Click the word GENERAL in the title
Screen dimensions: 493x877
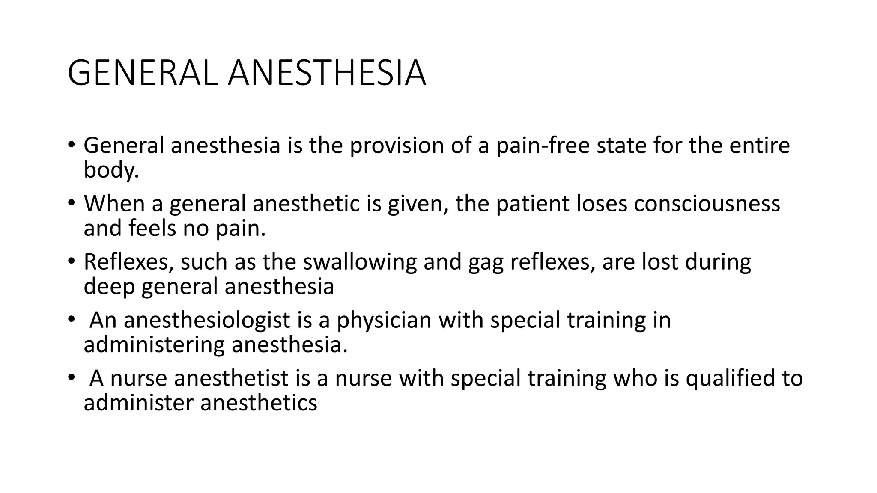(x=144, y=74)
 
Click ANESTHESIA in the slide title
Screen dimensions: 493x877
(x=327, y=74)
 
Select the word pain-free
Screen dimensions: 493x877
(x=543, y=146)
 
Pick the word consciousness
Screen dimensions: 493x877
(x=707, y=204)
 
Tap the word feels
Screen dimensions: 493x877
(x=152, y=228)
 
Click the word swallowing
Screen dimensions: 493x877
(x=360, y=262)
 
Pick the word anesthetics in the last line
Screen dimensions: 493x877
(x=259, y=403)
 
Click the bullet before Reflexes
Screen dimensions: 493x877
(x=71, y=261)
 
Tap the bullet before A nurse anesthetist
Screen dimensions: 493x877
(x=71, y=377)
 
